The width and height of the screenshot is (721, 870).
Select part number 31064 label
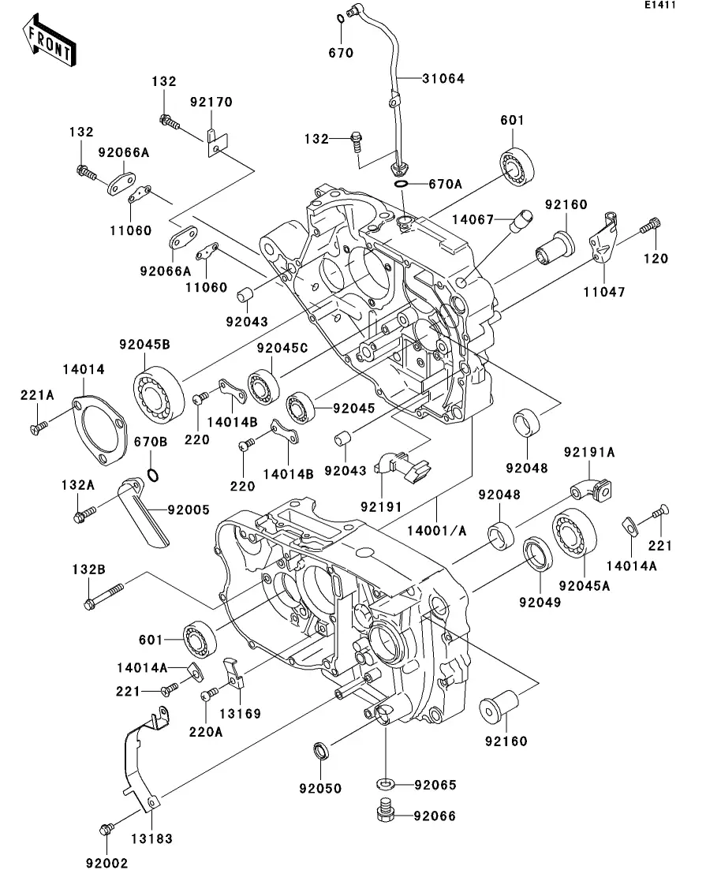point(443,79)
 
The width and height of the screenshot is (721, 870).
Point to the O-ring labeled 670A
point(402,185)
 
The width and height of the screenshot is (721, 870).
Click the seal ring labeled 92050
point(322,749)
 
